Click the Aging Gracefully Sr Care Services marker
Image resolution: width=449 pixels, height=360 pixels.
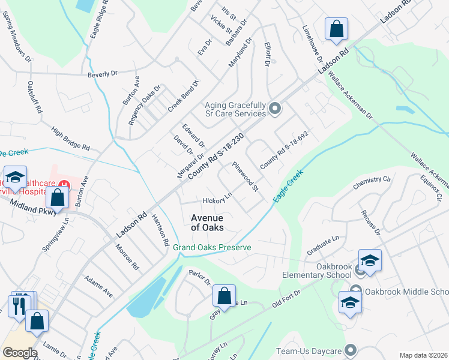tap(275, 109)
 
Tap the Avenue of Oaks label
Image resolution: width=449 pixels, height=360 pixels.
tap(207, 223)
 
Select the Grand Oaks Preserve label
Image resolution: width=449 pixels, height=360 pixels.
tap(212, 248)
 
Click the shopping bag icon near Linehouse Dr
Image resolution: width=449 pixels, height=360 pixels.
tap(336, 29)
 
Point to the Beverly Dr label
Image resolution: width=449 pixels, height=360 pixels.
tap(102, 74)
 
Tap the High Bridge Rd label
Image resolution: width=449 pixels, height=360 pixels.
tap(70, 139)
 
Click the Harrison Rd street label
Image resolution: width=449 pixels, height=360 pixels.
tap(160, 230)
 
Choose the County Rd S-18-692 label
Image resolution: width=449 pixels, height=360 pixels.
tap(284, 150)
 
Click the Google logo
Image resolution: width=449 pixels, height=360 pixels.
tap(20, 353)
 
